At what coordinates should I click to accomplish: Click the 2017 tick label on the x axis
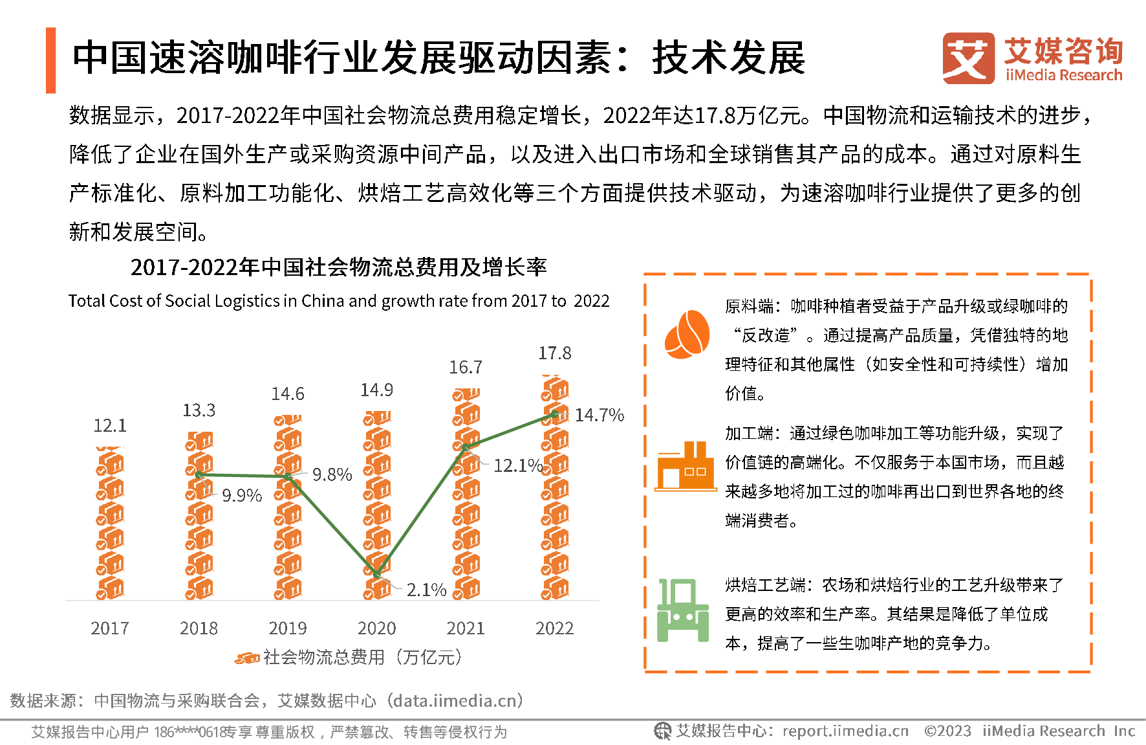click(110, 628)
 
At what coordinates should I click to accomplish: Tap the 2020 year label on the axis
click(376, 628)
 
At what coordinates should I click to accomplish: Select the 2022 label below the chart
click(554, 628)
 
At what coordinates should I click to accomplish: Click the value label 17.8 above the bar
click(554, 353)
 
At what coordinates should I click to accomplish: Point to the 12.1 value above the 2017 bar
click(110, 425)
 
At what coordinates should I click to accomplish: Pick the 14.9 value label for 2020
click(376, 390)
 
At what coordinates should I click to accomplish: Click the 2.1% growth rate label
click(426, 590)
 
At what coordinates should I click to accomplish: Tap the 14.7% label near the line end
click(599, 415)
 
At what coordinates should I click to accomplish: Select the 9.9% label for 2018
click(242, 496)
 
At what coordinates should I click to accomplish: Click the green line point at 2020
click(377, 574)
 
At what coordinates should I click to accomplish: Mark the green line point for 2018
click(199, 474)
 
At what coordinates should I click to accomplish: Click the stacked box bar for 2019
click(288, 507)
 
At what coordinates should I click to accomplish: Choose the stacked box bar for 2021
click(466, 495)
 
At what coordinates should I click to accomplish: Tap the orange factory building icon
click(686, 467)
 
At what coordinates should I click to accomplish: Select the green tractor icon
click(683, 610)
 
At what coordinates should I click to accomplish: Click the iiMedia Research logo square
click(968, 58)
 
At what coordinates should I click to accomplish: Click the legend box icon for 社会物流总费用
click(247, 658)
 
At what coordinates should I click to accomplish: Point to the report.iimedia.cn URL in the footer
click(845, 731)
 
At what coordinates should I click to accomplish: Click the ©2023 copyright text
click(947, 731)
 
